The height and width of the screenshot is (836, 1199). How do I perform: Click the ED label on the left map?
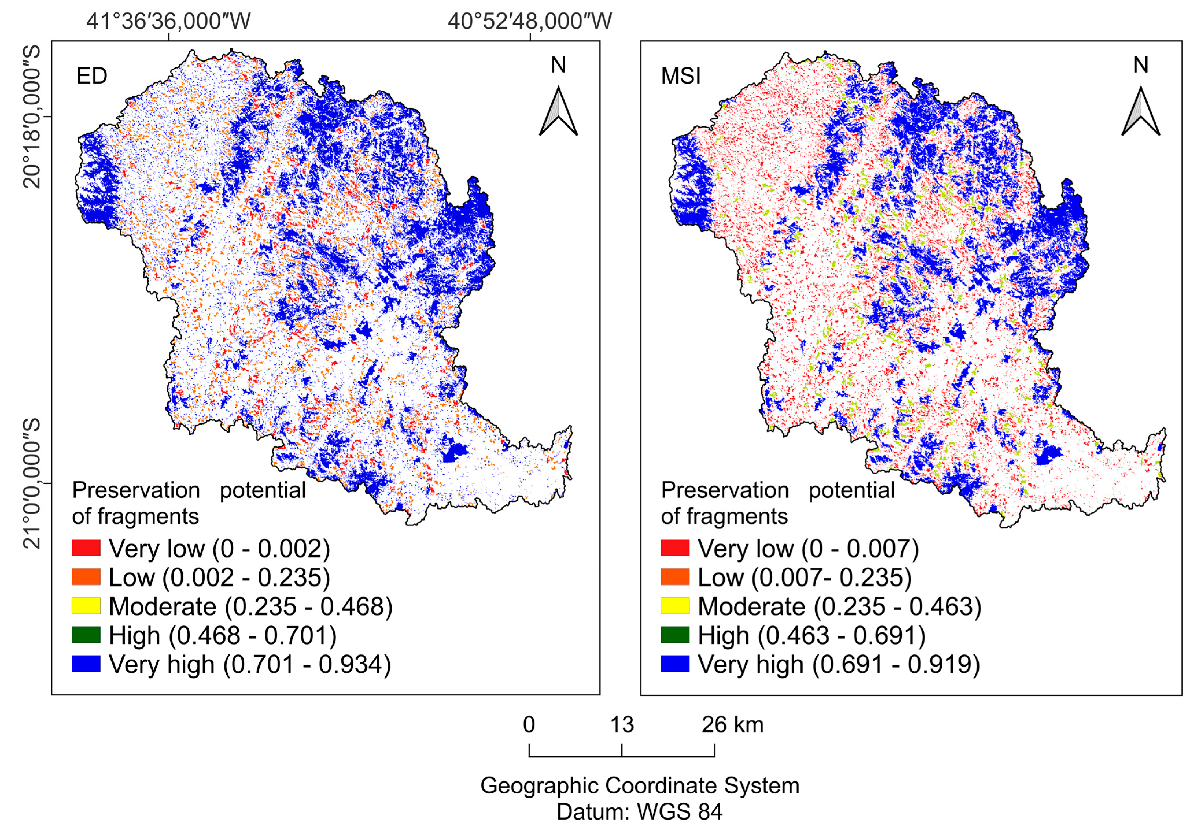(92, 76)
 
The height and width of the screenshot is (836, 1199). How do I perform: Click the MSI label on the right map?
(680, 76)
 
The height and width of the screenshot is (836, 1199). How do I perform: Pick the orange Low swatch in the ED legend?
(86, 577)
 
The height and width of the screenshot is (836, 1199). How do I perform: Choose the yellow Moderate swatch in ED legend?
(86, 606)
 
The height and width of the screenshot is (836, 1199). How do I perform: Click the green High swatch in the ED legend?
(86, 635)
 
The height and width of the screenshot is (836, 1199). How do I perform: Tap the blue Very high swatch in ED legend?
(86, 664)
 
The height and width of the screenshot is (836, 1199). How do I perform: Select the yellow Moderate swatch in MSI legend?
(675, 606)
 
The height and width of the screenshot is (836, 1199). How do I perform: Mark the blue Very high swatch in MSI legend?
(675, 664)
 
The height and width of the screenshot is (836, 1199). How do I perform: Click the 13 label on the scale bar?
(622, 725)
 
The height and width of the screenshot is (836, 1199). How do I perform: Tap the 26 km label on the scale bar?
(732, 725)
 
